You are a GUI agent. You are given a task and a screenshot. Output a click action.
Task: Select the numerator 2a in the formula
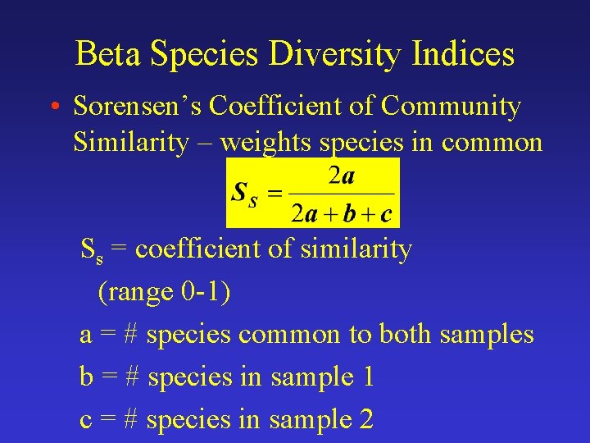[x=341, y=176]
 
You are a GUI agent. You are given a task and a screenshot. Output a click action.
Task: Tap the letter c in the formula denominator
[x=385, y=215]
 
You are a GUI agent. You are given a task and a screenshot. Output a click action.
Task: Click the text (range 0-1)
[x=164, y=291]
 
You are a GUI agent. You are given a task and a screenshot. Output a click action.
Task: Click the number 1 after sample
[x=368, y=377]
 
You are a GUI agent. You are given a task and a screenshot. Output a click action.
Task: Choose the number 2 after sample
[x=366, y=419]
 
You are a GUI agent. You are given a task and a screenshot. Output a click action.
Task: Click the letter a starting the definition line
[x=86, y=336]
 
